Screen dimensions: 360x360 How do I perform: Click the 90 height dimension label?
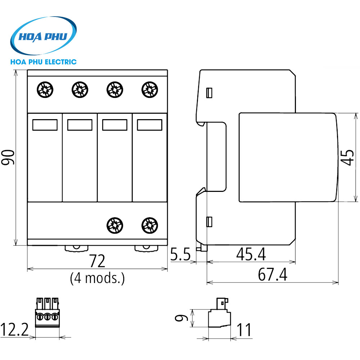(x=8, y=157)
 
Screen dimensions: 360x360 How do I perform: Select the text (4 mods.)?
(x=97, y=278)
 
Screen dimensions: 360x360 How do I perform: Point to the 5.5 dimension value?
(x=180, y=255)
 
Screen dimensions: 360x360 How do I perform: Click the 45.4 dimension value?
(x=251, y=255)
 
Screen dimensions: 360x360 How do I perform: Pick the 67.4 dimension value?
(x=273, y=275)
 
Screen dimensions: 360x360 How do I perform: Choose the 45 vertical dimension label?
(x=347, y=158)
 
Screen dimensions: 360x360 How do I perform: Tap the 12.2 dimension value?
(x=14, y=329)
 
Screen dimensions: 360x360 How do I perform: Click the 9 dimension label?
(x=183, y=318)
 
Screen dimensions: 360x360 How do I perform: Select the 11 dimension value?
(x=243, y=330)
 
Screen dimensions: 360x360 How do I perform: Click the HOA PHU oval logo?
(x=44, y=36)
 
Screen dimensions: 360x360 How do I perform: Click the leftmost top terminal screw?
(x=45, y=89)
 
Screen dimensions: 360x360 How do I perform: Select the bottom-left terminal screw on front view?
(x=115, y=225)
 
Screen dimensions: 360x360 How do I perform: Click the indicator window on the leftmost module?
(x=45, y=125)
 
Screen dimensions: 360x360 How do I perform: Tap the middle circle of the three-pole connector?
(x=47, y=317)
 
